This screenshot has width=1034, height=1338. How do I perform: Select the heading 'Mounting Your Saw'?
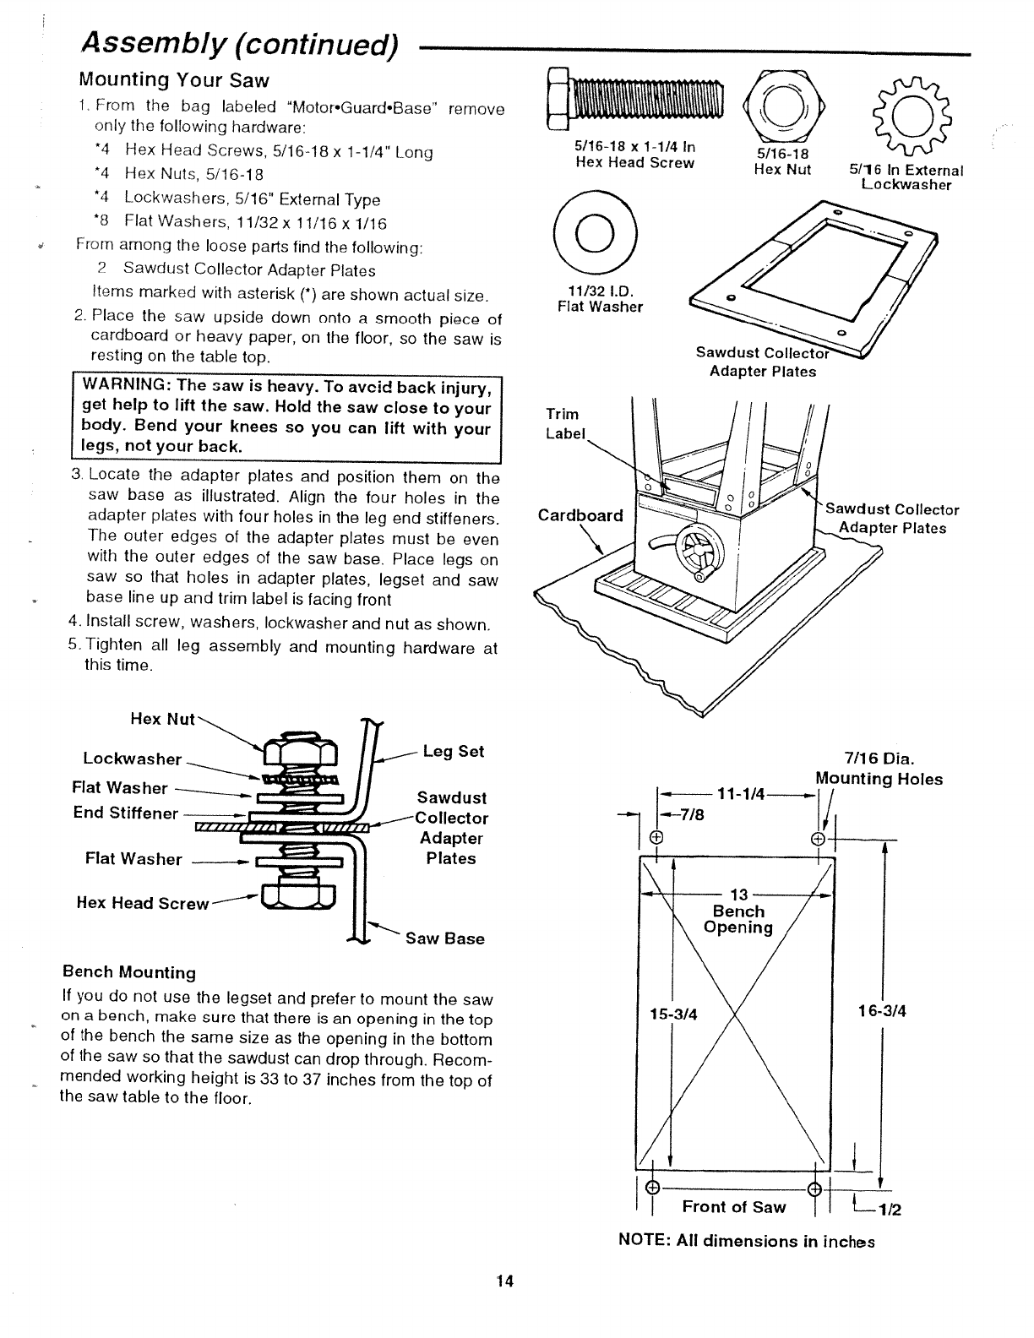tap(173, 80)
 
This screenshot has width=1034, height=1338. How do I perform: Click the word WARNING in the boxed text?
tap(122, 388)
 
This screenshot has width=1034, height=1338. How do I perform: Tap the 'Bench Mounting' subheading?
tap(129, 972)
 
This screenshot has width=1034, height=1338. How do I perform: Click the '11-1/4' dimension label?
tap(740, 793)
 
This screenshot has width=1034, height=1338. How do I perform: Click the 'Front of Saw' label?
tap(733, 1207)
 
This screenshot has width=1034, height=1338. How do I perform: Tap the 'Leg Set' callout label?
tap(454, 752)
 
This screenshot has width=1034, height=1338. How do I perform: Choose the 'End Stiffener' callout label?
tap(126, 813)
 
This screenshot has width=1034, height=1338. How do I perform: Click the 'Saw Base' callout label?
tap(444, 938)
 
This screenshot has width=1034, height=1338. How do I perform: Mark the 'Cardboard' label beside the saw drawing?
tap(580, 515)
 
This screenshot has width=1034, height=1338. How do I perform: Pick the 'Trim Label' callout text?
tap(563, 423)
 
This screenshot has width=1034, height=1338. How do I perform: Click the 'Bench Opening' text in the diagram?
tap(738, 919)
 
